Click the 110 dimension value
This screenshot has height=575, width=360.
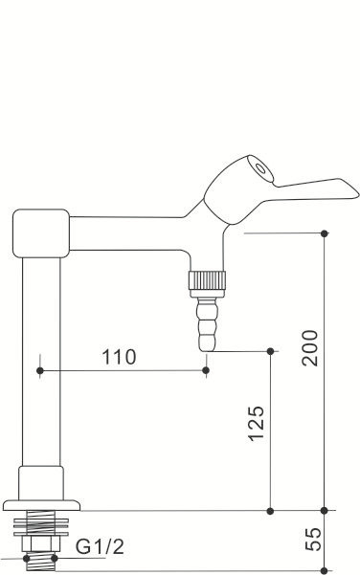[x=120, y=357]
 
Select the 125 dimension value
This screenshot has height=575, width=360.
[x=256, y=423]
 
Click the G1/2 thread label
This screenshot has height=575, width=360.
[x=100, y=547]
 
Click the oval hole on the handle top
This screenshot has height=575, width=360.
[x=257, y=166]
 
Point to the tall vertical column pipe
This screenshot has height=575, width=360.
[x=41, y=364]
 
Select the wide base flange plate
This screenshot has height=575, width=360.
[x=41, y=504]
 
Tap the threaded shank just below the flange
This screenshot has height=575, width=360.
[x=41, y=525]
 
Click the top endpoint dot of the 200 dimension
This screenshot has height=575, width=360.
[x=326, y=232]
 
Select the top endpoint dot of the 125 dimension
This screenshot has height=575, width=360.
[x=272, y=351]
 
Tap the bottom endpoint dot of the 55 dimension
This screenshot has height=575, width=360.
[x=326, y=570]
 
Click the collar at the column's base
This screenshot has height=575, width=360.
[x=41, y=478]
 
